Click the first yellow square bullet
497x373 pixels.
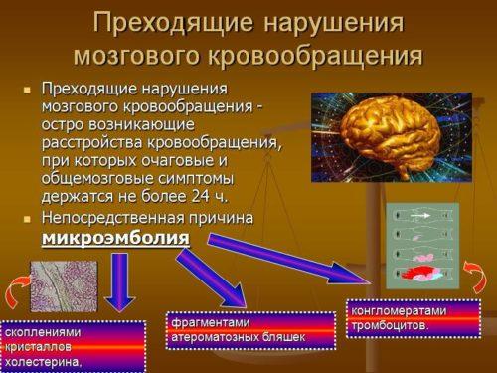click(27, 90)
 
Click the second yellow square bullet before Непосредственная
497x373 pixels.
click(27, 217)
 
